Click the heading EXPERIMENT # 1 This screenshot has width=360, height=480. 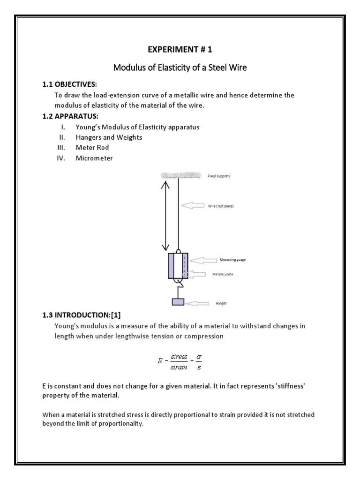pyautogui.click(x=180, y=50)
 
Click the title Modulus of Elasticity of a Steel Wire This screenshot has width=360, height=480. pyautogui.click(x=180, y=68)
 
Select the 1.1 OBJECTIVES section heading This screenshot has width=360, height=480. pyautogui.click(x=69, y=84)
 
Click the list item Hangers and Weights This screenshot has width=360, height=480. pyautogui.click(x=109, y=137)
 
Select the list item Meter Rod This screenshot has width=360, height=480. pyautogui.click(x=92, y=148)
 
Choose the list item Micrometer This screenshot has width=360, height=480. pyautogui.click(x=94, y=158)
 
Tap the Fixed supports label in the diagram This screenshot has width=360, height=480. pyautogui.click(x=219, y=176)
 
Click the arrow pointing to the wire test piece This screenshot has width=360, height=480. pyautogui.click(x=193, y=205)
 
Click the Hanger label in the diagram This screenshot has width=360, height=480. pyautogui.click(x=221, y=303)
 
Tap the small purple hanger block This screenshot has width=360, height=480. pyautogui.click(x=178, y=301)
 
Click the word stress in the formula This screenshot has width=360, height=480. pyautogui.click(x=179, y=357)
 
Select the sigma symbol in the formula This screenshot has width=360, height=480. pyautogui.click(x=198, y=357)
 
